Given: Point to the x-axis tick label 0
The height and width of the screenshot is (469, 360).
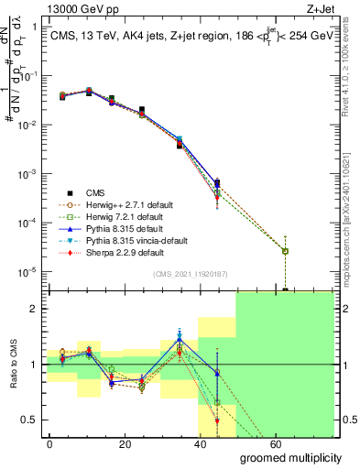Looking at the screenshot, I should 50,442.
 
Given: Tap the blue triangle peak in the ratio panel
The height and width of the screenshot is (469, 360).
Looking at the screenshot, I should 180,338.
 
